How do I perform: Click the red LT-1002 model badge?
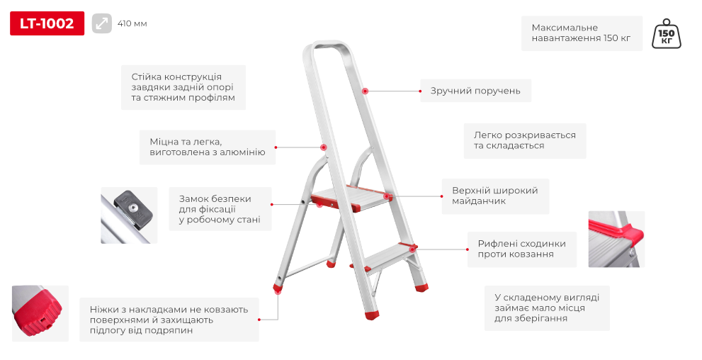(47, 23)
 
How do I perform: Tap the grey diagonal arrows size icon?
(101, 23)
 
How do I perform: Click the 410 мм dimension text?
(132, 23)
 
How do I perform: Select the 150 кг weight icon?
(666, 34)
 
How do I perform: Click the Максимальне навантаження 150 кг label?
(582, 33)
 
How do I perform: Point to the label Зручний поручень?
(475, 91)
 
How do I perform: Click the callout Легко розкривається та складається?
(525, 140)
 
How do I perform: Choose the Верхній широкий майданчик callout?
(495, 196)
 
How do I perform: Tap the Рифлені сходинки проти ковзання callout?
(522, 249)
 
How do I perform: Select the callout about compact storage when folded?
(547, 308)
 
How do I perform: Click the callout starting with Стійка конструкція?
(183, 87)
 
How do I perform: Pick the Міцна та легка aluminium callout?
(208, 147)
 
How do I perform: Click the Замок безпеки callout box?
(220, 209)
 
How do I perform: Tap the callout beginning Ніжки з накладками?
(169, 320)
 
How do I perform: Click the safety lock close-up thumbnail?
(129, 215)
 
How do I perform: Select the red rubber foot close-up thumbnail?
(40, 313)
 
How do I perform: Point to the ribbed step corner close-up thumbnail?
(616, 239)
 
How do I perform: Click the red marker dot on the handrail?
(365, 91)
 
